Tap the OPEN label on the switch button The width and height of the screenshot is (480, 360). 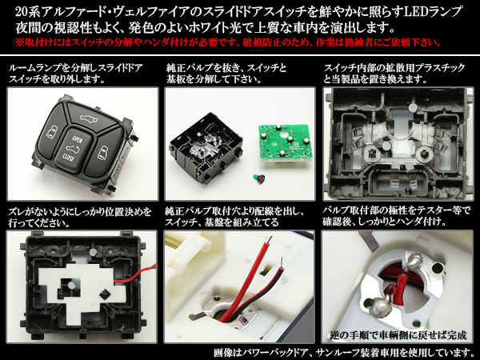[x=77, y=139]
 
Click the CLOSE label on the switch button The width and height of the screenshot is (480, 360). [x=68, y=157]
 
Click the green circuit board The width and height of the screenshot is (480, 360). [x=284, y=142]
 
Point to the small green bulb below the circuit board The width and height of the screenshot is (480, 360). [x=259, y=178]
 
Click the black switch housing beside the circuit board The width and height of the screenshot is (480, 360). [x=206, y=147]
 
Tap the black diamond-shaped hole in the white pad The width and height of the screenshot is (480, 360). [x=104, y=294]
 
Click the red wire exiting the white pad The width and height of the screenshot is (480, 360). [x=134, y=274]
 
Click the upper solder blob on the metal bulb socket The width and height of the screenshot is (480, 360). [x=414, y=259]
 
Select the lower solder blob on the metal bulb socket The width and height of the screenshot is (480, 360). [x=379, y=307]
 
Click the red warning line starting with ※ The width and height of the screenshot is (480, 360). [x=228, y=42]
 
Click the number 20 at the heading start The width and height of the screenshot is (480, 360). [x=22, y=12]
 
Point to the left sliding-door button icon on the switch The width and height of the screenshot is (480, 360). [x=51, y=132]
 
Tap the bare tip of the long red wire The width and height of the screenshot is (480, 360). [x=270, y=240]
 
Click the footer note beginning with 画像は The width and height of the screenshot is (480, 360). [x=344, y=352]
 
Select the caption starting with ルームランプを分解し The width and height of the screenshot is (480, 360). [x=76, y=73]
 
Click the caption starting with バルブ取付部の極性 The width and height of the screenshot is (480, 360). [x=397, y=216]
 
